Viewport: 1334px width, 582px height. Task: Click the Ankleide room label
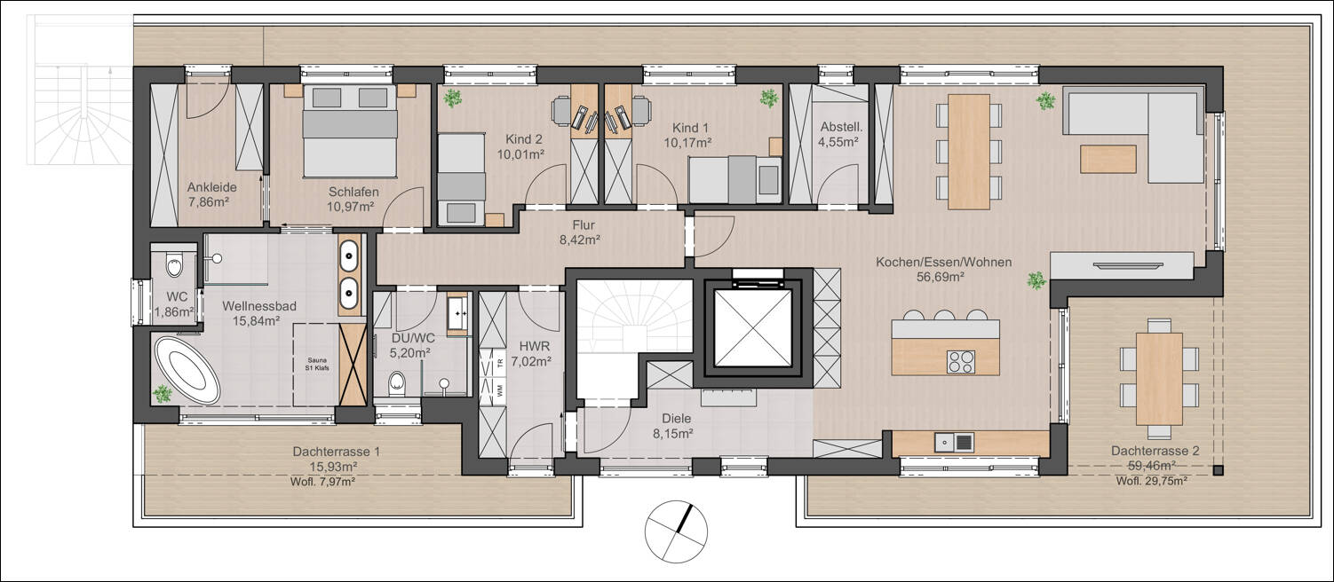point(211,187)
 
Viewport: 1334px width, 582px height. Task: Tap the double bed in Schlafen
point(350,131)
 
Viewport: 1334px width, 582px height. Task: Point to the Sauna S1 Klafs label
point(318,365)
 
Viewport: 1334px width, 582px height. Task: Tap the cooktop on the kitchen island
point(961,362)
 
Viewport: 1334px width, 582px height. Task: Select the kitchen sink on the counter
point(954,442)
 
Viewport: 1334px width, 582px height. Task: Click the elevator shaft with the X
point(752,328)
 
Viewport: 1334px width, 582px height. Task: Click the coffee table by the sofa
point(1108,159)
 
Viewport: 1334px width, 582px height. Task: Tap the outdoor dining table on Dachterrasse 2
point(1159,379)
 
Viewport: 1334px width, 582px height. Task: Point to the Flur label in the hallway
point(584,225)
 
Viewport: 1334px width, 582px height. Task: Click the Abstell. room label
point(841,128)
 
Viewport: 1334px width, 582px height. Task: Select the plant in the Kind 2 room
point(453,98)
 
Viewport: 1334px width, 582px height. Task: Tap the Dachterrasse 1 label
point(336,452)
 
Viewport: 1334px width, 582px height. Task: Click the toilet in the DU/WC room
point(395,384)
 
